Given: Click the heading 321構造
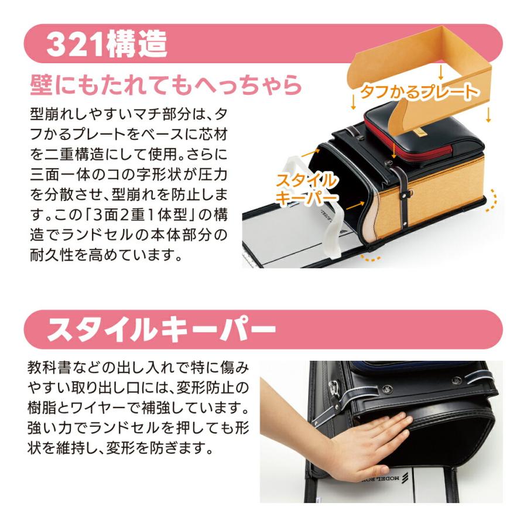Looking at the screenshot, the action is click(107, 44).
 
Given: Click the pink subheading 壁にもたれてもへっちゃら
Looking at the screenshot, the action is click(166, 85).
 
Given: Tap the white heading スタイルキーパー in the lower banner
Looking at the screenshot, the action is click(162, 330).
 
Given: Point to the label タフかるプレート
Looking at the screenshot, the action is click(419, 91).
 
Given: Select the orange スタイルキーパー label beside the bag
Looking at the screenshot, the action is click(306, 189).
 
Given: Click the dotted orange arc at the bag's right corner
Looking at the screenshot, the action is click(492, 200).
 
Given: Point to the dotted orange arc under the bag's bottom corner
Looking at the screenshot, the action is click(371, 258).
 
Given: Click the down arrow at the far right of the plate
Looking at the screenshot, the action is click(488, 115).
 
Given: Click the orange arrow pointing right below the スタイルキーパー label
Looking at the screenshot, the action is click(355, 206).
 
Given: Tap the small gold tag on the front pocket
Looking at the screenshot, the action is click(420, 132).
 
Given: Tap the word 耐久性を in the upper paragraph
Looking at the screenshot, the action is click(59, 255).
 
